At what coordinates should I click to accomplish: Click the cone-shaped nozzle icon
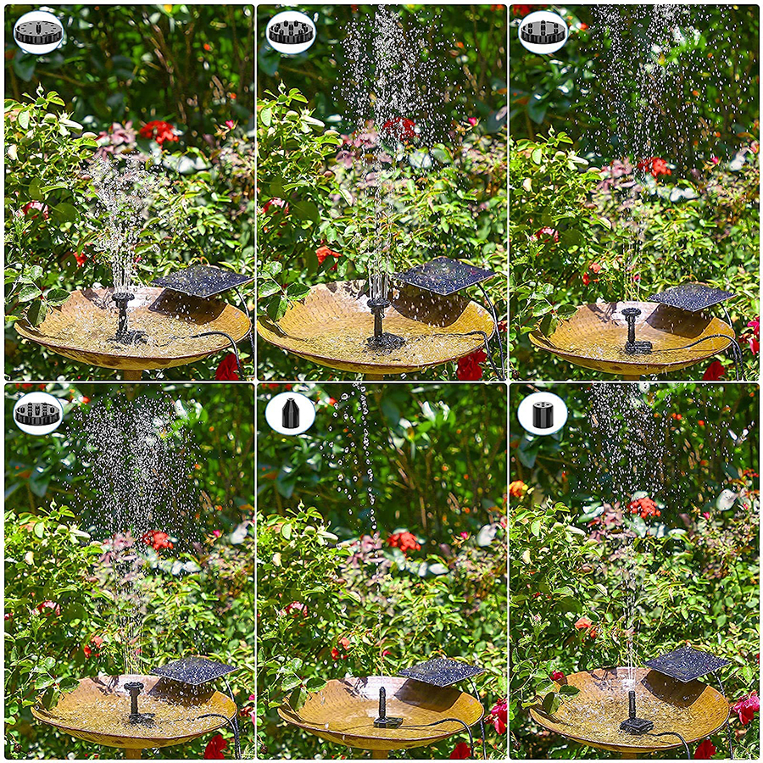tap(290, 413)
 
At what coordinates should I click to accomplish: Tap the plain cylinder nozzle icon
tap(543, 413)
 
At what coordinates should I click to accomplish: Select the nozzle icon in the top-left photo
tap(38, 32)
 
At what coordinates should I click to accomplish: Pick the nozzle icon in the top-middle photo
tap(291, 32)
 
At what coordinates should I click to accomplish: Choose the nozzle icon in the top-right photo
tap(543, 32)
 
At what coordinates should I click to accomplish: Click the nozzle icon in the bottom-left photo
tap(38, 413)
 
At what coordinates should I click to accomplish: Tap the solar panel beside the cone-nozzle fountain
tap(441, 671)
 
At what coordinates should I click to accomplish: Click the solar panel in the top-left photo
tap(201, 281)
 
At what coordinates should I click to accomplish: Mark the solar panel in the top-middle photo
tap(443, 276)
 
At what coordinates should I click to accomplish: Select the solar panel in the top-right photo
tap(691, 297)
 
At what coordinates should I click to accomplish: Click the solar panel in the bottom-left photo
tap(192, 670)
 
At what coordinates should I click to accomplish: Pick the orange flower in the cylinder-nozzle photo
tap(518, 489)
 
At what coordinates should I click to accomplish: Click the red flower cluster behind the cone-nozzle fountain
tap(404, 541)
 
